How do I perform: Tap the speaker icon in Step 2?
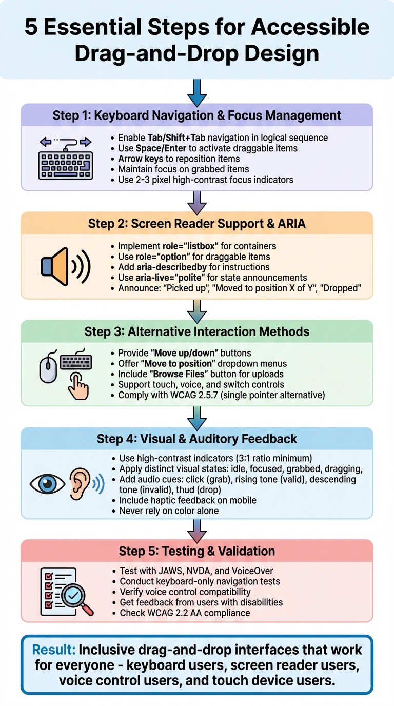(x=55, y=266)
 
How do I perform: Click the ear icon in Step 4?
(x=78, y=483)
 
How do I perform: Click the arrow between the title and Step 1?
(x=197, y=92)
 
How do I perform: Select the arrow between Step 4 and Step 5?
(x=197, y=528)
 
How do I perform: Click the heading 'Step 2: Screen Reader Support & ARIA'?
(x=197, y=223)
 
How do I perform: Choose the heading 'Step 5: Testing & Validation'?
(x=197, y=551)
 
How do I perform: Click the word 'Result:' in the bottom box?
(x=53, y=649)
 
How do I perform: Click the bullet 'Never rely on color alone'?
(x=169, y=511)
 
